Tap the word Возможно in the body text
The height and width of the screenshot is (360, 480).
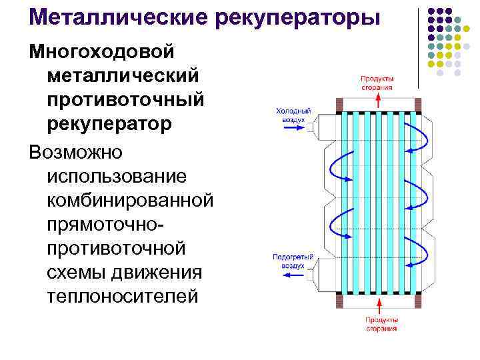point(76,151)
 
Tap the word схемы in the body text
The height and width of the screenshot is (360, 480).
point(79,273)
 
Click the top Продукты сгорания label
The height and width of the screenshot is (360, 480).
point(377,82)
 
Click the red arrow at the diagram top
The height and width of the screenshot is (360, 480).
point(377,99)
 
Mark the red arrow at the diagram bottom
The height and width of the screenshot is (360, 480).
point(381,308)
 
